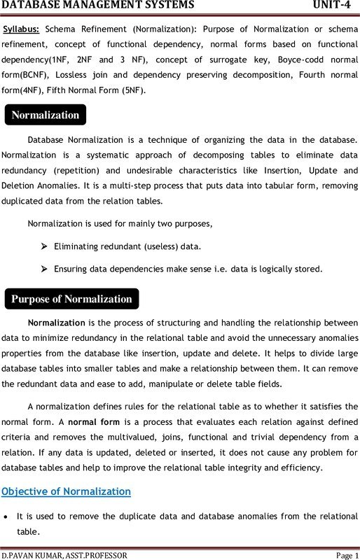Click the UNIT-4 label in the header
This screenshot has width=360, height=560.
pyautogui.click(x=333, y=6)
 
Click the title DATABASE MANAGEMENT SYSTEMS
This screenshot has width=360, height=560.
pyautogui.click(x=98, y=6)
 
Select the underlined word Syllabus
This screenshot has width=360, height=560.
pyautogui.click(x=21, y=30)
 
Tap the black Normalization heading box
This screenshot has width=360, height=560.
pyautogui.click(x=46, y=115)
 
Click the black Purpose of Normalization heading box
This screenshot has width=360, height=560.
pyautogui.click(x=71, y=299)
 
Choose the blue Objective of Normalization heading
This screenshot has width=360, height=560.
pyautogui.click(x=67, y=491)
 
